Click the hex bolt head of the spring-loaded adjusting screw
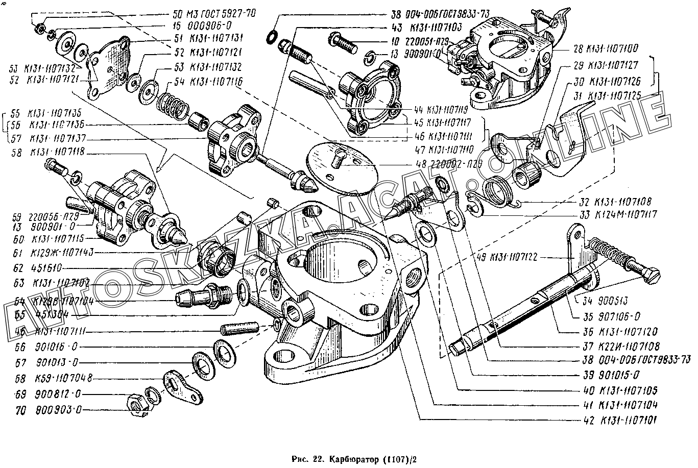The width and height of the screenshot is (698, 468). [x=653, y=276]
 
